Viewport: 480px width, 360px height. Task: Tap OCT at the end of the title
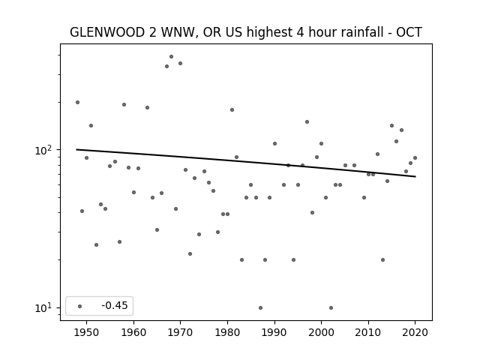pyautogui.click(x=409, y=32)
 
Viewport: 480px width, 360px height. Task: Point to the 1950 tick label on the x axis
pyautogui.click(x=87, y=332)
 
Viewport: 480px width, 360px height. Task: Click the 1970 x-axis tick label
pyautogui.click(x=180, y=332)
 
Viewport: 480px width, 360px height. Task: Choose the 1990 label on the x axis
pyautogui.click(x=274, y=332)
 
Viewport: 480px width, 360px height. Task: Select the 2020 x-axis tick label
pyautogui.click(x=415, y=332)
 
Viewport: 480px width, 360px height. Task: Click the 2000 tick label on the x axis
pyautogui.click(x=322, y=332)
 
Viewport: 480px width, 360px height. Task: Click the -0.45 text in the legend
pyautogui.click(x=115, y=305)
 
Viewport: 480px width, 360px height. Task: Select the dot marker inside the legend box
pyautogui.click(x=80, y=306)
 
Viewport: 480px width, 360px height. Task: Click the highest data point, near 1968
pyautogui.click(x=172, y=57)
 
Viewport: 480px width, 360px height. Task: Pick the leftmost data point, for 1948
pyautogui.click(x=77, y=102)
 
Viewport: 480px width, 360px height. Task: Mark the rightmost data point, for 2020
pyautogui.click(x=415, y=158)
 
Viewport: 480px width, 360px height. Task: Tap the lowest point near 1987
pyautogui.click(x=260, y=307)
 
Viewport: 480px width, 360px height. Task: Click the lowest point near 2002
pyautogui.click(x=331, y=307)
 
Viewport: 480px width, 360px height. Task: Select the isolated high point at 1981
pyautogui.click(x=232, y=110)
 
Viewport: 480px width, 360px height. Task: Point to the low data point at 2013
pyautogui.click(x=382, y=260)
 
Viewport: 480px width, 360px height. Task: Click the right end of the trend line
pyautogui.click(x=415, y=177)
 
